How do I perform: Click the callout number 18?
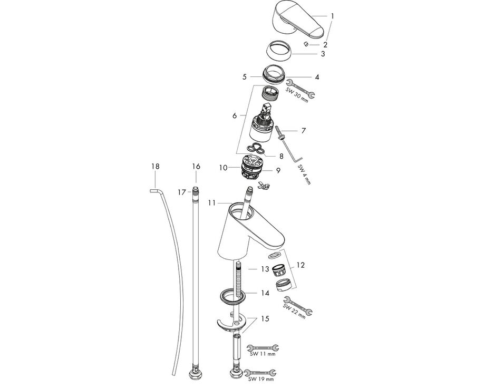coord(156,167)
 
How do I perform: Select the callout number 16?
coord(196,167)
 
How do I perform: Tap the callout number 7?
coord(304,131)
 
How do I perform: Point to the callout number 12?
coord(300,265)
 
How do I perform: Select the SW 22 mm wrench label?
coord(294,312)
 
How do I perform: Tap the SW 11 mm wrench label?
coord(263,354)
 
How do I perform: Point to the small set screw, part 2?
coord(306,44)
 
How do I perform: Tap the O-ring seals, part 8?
coord(256,148)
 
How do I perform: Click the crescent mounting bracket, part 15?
coord(231,323)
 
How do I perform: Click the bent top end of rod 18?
coord(154,191)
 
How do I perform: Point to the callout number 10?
coord(224,168)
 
